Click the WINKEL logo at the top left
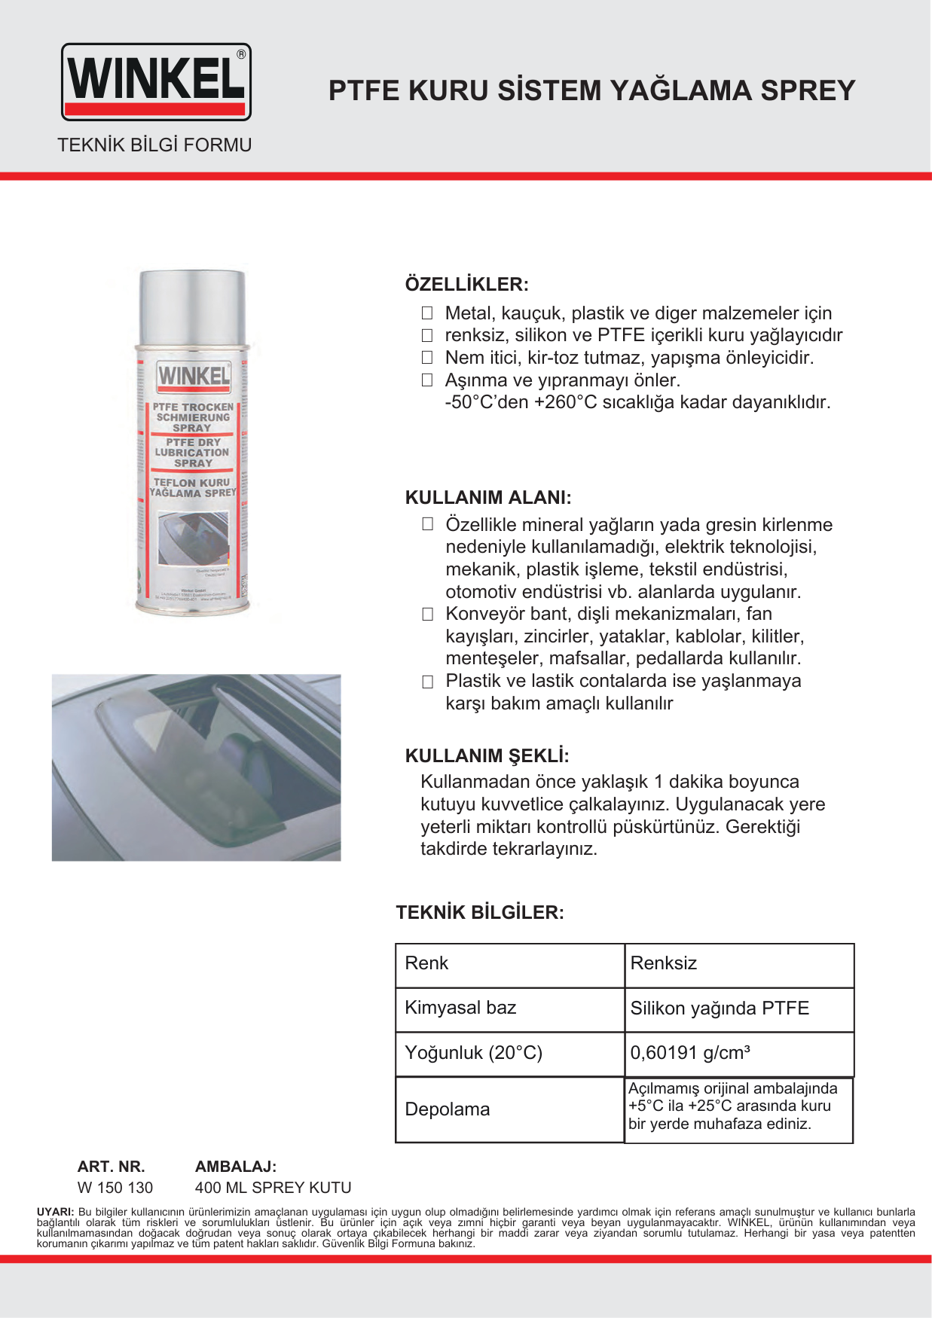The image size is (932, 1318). pyautogui.click(x=156, y=81)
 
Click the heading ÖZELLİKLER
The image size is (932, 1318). pyautogui.click(x=466, y=285)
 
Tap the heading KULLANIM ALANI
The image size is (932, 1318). pyautogui.click(x=488, y=498)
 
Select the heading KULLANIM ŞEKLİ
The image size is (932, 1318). pyautogui.click(x=487, y=756)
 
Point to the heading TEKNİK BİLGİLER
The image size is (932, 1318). pyautogui.click(x=480, y=913)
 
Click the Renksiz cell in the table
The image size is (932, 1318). pyautogui.click(x=663, y=963)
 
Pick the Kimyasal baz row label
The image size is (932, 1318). pyautogui.click(x=460, y=1008)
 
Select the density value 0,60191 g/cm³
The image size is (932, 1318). pyautogui.click(x=689, y=1053)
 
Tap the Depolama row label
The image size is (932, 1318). pyautogui.click(x=448, y=1109)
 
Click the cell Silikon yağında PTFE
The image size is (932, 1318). pyautogui.click(x=720, y=1008)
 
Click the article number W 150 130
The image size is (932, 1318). pyautogui.click(x=115, y=1188)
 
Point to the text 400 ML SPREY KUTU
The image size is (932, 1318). pyautogui.click(x=273, y=1188)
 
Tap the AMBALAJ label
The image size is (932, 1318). pyautogui.click(x=236, y=1167)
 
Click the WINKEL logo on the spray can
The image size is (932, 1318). pyautogui.click(x=194, y=376)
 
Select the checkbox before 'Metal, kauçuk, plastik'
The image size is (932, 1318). pyautogui.click(x=427, y=313)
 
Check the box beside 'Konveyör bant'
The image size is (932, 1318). pyautogui.click(x=427, y=615)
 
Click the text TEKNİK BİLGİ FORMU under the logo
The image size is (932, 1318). pyautogui.click(x=154, y=145)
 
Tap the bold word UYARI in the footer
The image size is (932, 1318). pyautogui.click(x=55, y=1212)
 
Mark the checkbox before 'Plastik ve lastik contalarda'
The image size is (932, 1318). pyautogui.click(x=427, y=682)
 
